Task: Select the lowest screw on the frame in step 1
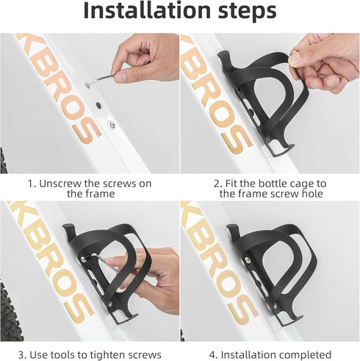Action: point(112,125)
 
